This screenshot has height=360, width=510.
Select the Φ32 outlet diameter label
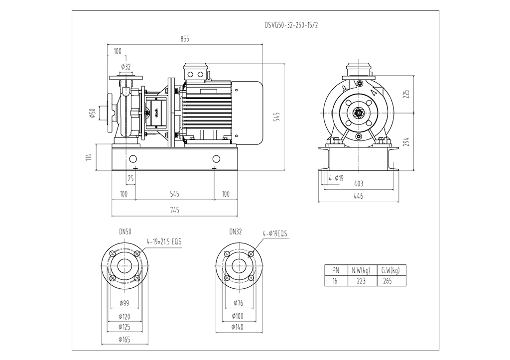pos(126,67)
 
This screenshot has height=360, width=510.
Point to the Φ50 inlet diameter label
pos(93,114)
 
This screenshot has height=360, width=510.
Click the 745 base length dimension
pos(174,211)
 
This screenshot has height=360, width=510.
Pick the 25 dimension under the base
pos(131,178)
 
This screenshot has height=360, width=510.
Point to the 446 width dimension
pos(358,196)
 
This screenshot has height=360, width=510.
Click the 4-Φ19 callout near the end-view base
pos(336,178)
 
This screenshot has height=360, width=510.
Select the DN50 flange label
pos(125,232)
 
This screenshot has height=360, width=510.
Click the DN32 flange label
pos(236,232)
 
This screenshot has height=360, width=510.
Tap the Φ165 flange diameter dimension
pos(125,340)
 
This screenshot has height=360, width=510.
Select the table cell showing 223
pos(361,281)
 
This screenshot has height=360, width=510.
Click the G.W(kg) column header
pos(390,270)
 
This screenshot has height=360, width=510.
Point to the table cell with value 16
pos(335,281)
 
